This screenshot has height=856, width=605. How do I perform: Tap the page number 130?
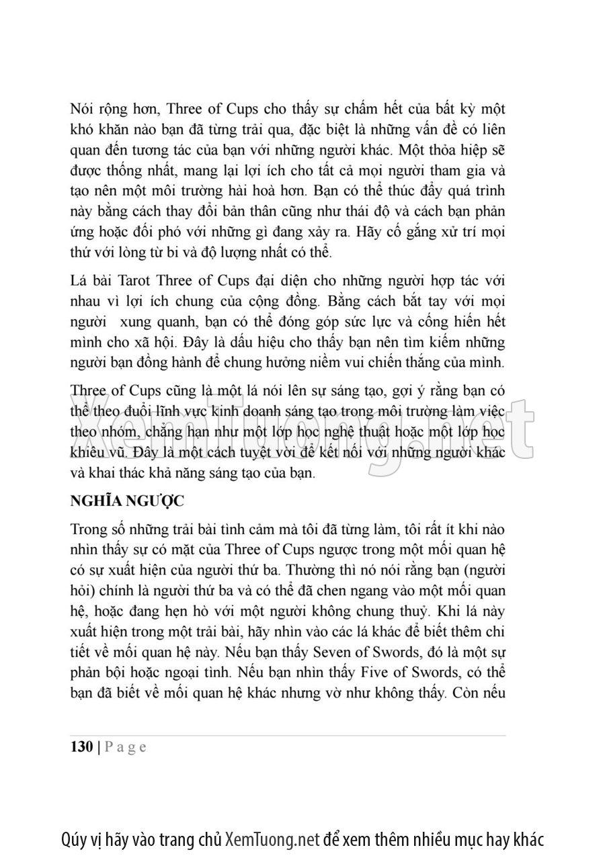[x=81, y=748]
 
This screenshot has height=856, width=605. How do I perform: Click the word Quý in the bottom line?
[x=73, y=839]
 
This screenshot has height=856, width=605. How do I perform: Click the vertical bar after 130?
[x=99, y=748]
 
